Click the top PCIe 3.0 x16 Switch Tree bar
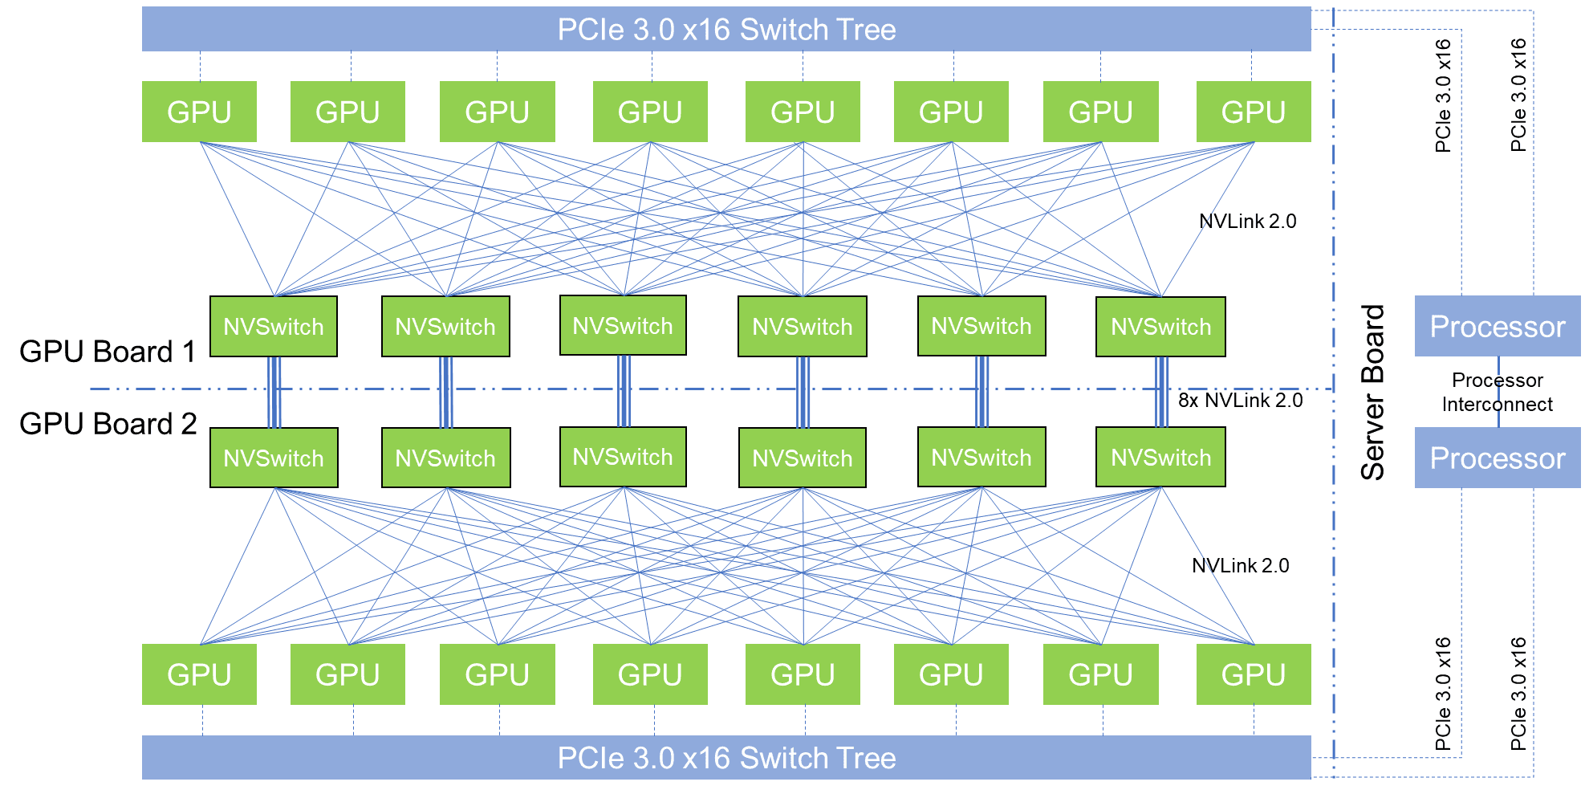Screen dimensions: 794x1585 coord(726,30)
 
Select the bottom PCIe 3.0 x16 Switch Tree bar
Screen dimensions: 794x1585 coord(726,757)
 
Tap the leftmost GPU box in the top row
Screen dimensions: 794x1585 coord(199,112)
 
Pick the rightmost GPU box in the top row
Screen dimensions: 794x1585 coord(1253,112)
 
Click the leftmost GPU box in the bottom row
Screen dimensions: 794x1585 coord(199,674)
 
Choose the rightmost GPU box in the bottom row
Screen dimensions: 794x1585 coord(1253,674)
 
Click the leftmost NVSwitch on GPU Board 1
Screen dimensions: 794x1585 coord(274,327)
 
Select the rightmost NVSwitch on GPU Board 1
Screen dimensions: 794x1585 coord(1160,327)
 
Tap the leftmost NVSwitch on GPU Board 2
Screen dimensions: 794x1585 coord(274,458)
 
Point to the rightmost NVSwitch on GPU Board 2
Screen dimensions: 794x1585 coord(1160,458)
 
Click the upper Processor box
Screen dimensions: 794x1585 coord(1497,326)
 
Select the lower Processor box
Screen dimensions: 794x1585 coord(1497,458)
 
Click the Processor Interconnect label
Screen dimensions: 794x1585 coord(1497,392)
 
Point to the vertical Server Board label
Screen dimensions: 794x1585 coord(1373,392)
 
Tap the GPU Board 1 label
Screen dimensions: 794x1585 coord(108,352)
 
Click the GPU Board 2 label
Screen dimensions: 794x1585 coord(108,424)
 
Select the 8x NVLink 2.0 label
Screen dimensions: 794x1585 coord(1240,400)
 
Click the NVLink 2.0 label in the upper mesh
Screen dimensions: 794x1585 coord(1247,221)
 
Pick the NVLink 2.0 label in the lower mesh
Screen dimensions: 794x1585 coord(1240,565)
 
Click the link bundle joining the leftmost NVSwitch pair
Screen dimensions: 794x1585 coord(274,392)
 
